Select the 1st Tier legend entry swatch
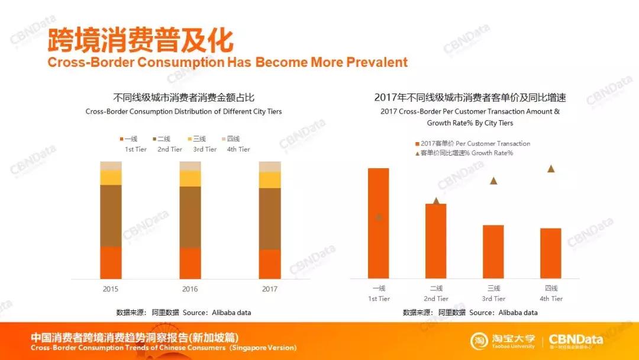pos(122,139)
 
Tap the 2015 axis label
pos(111,289)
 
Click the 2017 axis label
pos(269,289)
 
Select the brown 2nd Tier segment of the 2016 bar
pos(190,217)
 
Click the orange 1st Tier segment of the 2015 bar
pos(111,262)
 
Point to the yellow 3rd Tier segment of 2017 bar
pos(270,180)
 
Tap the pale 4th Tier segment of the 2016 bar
pos(190,166)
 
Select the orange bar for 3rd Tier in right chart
pos(493,252)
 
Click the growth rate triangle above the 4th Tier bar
pos(551,169)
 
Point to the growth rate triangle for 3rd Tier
pos(493,181)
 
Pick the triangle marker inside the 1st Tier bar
pos(379,217)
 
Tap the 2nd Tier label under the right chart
pos(436,294)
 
